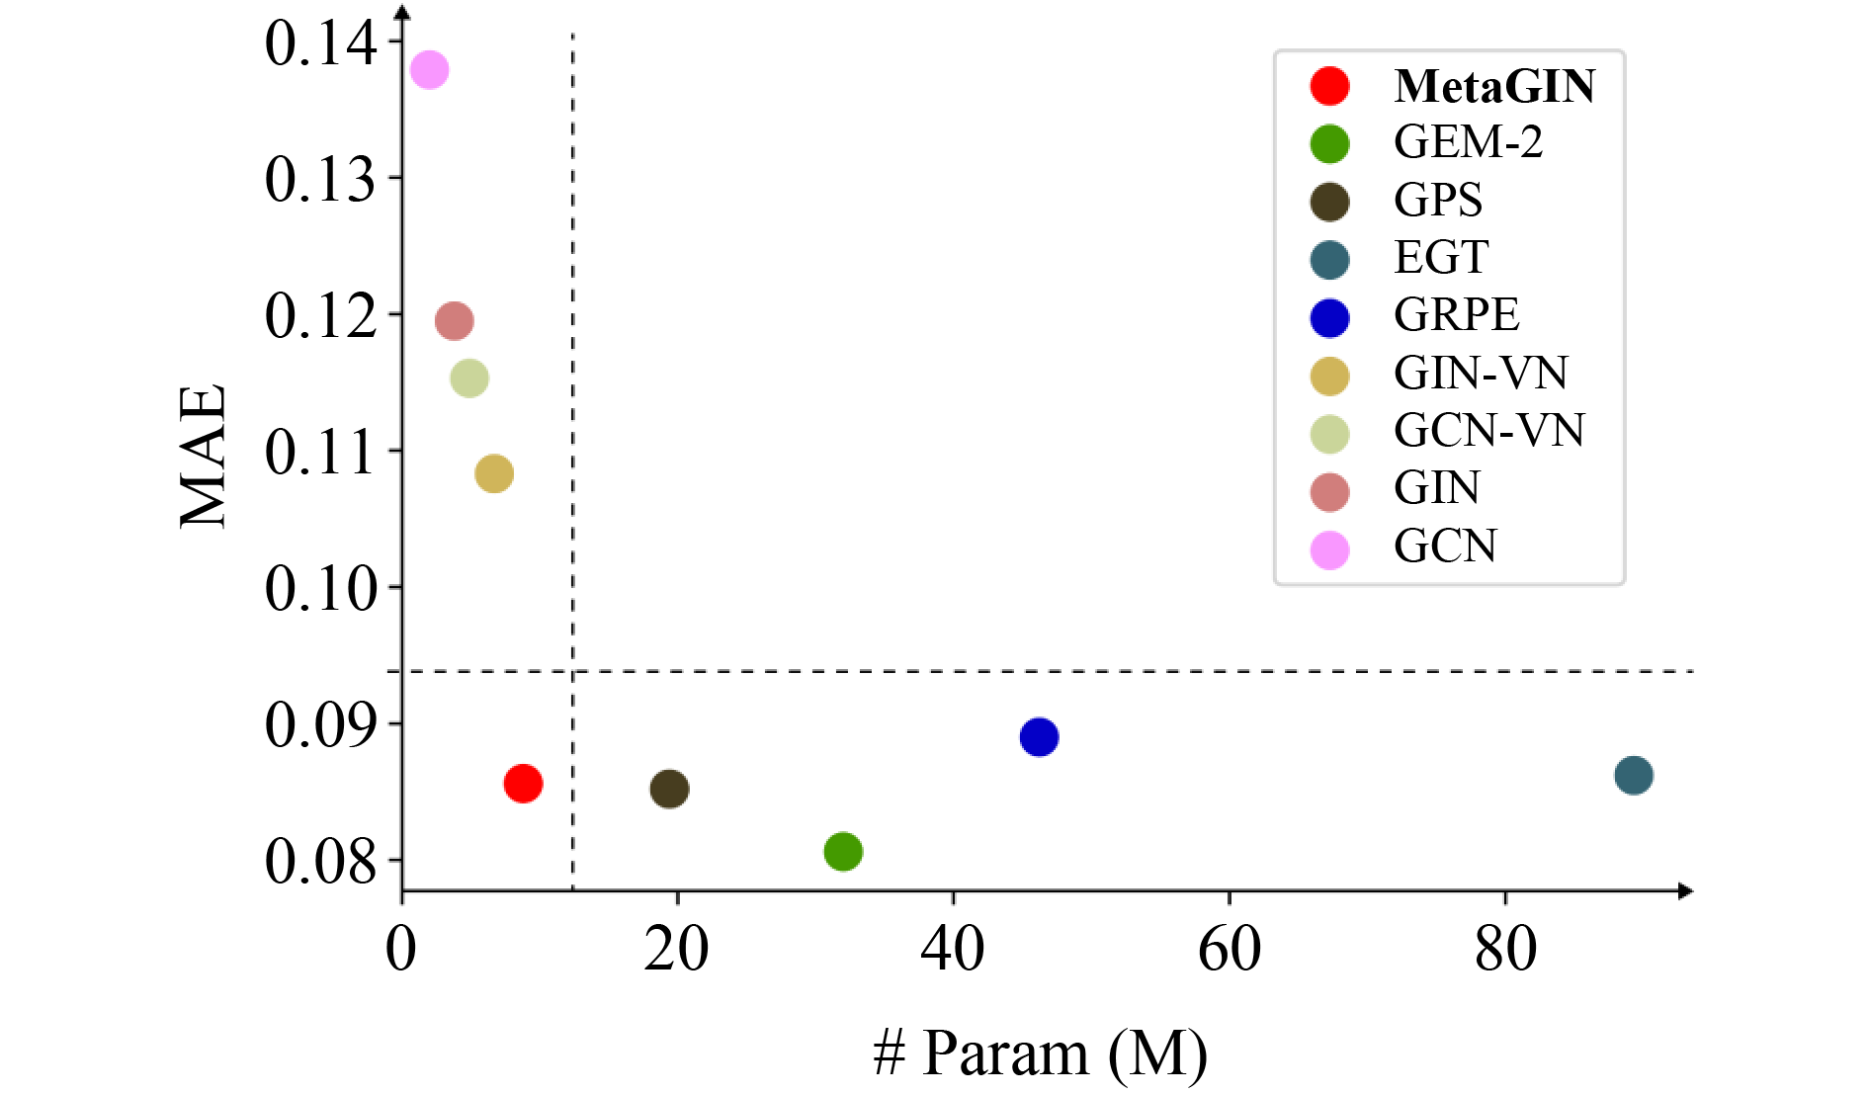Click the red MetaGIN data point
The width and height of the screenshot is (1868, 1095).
523,784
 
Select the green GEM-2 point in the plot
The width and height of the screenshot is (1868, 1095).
843,851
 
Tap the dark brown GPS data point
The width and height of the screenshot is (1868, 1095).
669,789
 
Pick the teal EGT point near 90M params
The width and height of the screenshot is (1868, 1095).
1634,775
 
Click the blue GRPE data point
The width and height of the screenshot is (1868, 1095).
1039,736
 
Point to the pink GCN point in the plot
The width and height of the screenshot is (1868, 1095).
429,69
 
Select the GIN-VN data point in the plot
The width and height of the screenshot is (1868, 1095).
494,473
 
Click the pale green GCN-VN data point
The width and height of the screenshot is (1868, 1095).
469,378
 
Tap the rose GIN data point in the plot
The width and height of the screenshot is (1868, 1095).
455,320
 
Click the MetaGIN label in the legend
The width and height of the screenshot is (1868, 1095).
1494,86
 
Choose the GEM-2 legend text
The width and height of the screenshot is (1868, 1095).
1468,142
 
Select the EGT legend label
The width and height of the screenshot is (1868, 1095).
1441,258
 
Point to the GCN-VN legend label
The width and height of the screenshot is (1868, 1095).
1488,431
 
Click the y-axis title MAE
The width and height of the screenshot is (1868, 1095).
205,457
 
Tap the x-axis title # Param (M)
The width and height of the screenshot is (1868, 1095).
1040,1053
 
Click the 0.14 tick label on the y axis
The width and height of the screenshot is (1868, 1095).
320,43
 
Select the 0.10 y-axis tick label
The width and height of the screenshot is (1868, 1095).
320,589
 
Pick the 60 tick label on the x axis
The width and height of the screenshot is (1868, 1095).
1229,950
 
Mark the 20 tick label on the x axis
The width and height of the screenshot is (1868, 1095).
676,950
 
